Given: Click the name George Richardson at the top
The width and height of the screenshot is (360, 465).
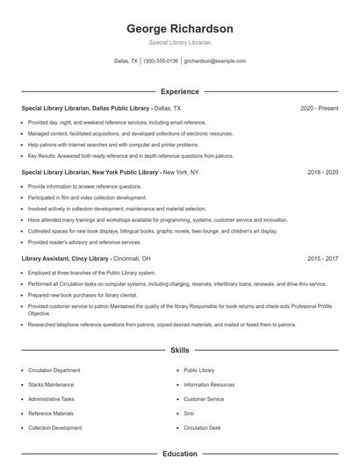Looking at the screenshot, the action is pos(180,28).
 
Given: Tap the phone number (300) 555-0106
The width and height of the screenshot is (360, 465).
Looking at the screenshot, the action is pos(161,61).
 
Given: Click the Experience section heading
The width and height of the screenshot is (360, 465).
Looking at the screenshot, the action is pos(180,91).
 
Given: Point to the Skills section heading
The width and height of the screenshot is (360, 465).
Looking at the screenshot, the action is pos(180,350).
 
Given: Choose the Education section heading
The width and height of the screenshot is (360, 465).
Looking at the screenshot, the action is pos(180,454).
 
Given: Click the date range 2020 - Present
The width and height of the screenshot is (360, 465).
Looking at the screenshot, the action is pos(319,109).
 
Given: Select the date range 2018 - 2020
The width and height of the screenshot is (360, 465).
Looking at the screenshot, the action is pos(322,173).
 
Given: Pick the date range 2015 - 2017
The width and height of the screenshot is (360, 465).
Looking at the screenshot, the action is pos(322,260).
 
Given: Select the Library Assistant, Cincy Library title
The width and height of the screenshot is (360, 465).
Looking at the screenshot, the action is pos(65,260).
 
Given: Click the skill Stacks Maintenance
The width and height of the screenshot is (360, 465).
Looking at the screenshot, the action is pos(50,384).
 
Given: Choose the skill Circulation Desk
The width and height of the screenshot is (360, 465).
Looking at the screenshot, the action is pos(203,427).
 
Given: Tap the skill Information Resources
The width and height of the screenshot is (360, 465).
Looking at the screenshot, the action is pos(209,384).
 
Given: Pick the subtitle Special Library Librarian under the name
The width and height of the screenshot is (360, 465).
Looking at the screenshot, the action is pos(180,42).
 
